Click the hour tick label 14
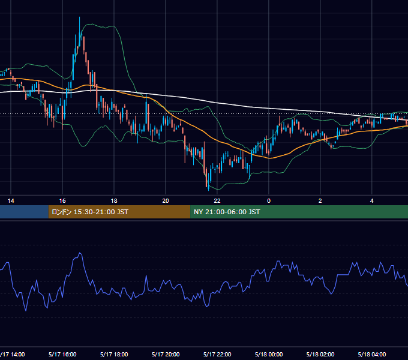(11, 201)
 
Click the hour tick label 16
(62, 201)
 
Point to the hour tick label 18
(114, 201)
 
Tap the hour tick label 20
(166, 201)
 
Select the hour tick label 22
(217, 201)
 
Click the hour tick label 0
(269, 201)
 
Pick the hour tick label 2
(320, 201)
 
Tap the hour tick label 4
(372, 201)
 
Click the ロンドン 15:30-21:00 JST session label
(90, 212)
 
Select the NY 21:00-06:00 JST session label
(227, 212)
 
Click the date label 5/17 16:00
(62, 354)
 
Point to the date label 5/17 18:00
(114, 354)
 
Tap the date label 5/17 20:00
(166, 354)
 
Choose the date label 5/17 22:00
(217, 354)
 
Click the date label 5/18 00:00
(269, 354)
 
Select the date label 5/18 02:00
(320, 354)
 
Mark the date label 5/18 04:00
(372, 354)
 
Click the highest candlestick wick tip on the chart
(80, 17)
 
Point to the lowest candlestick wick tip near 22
(209, 190)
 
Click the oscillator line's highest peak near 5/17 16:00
(80, 253)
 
